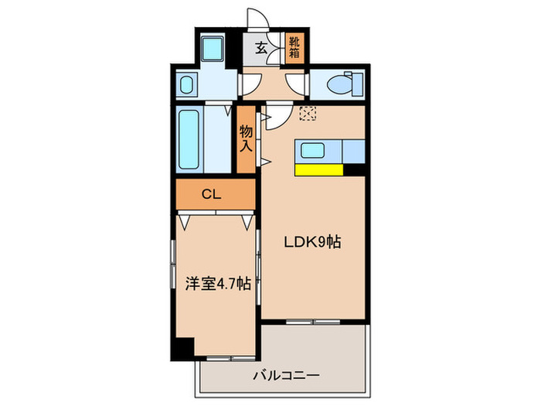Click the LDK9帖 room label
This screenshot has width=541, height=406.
[312, 243]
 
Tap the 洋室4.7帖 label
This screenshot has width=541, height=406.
[217, 283]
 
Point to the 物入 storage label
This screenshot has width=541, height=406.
[246, 139]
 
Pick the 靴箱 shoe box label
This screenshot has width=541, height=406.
[294, 48]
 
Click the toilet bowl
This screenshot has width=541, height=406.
[340, 83]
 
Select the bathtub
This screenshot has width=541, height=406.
[190, 141]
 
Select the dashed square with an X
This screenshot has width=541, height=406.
[308, 113]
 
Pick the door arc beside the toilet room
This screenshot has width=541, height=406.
[296, 83]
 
